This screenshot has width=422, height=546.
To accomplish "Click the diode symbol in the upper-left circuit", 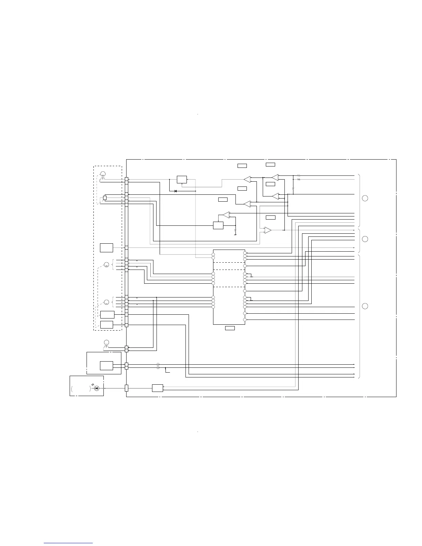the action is click(175, 191).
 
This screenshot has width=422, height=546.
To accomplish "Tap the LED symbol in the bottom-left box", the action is click(97, 388).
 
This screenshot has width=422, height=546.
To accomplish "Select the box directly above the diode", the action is click(182, 180).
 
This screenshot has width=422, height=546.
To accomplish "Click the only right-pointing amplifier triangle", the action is click(268, 230).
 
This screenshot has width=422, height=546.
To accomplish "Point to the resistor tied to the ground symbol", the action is click(235, 230).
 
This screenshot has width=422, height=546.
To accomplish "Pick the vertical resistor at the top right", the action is click(293, 189).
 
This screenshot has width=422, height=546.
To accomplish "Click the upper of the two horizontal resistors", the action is click(299, 176).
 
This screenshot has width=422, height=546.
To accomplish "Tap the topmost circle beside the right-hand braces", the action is click(365, 198).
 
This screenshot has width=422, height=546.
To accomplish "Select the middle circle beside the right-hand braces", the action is click(365, 239).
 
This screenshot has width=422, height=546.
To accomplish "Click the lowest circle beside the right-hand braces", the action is click(365, 306).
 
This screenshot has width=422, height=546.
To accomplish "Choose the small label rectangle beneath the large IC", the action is click(230, 328).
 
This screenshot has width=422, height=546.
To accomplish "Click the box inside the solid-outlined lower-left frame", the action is click(107, 366).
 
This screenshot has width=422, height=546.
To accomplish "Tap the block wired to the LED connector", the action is click(158, 388).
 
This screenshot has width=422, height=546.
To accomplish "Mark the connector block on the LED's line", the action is click(127, 388).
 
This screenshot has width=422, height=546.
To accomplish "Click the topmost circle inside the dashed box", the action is click(103, 173).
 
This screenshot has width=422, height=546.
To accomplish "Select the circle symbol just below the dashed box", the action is click(106, 342).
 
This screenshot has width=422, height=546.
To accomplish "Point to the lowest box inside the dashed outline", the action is click(107, 325).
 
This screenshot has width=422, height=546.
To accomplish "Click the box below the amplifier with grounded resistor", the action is click(218, 225).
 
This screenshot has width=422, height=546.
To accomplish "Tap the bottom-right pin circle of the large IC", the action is click(245, 320).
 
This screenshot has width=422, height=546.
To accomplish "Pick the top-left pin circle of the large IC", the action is click(213, 255).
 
